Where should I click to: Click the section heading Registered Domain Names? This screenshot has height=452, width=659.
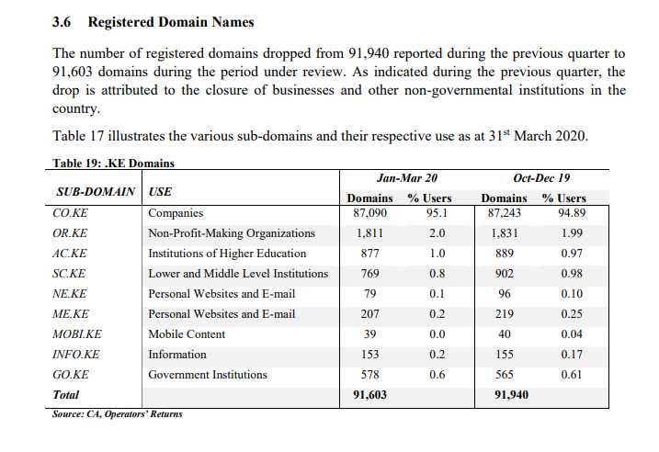click(171, 22)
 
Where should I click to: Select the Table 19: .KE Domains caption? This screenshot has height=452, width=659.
click(113, 163)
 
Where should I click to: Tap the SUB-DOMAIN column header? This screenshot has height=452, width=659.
click(96, 192)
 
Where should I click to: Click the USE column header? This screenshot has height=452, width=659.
click(160, 192)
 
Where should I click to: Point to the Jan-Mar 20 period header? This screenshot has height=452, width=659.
click(407, 178)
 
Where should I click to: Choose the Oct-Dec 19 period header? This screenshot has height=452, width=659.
click(541, 178)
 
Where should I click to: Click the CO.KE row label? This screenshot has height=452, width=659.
click(70, 213)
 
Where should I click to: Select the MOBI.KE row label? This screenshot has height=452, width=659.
click(77, 334)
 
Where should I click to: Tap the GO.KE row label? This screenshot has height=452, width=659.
click(71, 374)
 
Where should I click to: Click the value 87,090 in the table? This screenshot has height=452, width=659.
click(369, 213)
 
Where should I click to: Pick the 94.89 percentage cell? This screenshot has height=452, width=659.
click(572, 213)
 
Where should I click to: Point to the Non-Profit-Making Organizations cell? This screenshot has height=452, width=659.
click(231, 233)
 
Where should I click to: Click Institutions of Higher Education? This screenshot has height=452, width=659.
click(227, 254)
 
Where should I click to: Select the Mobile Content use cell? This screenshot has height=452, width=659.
click(187, 334)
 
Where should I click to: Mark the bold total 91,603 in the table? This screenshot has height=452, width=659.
click(369, 394)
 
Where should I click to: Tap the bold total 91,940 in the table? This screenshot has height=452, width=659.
click(511, 394)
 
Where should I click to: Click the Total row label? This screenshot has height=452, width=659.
click(65, 394)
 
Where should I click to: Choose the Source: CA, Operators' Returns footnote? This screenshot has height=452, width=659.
click(118, 413)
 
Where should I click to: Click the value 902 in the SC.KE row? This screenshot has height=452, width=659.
click(505, 274)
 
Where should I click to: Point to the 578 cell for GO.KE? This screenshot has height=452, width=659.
click(369, 374)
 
